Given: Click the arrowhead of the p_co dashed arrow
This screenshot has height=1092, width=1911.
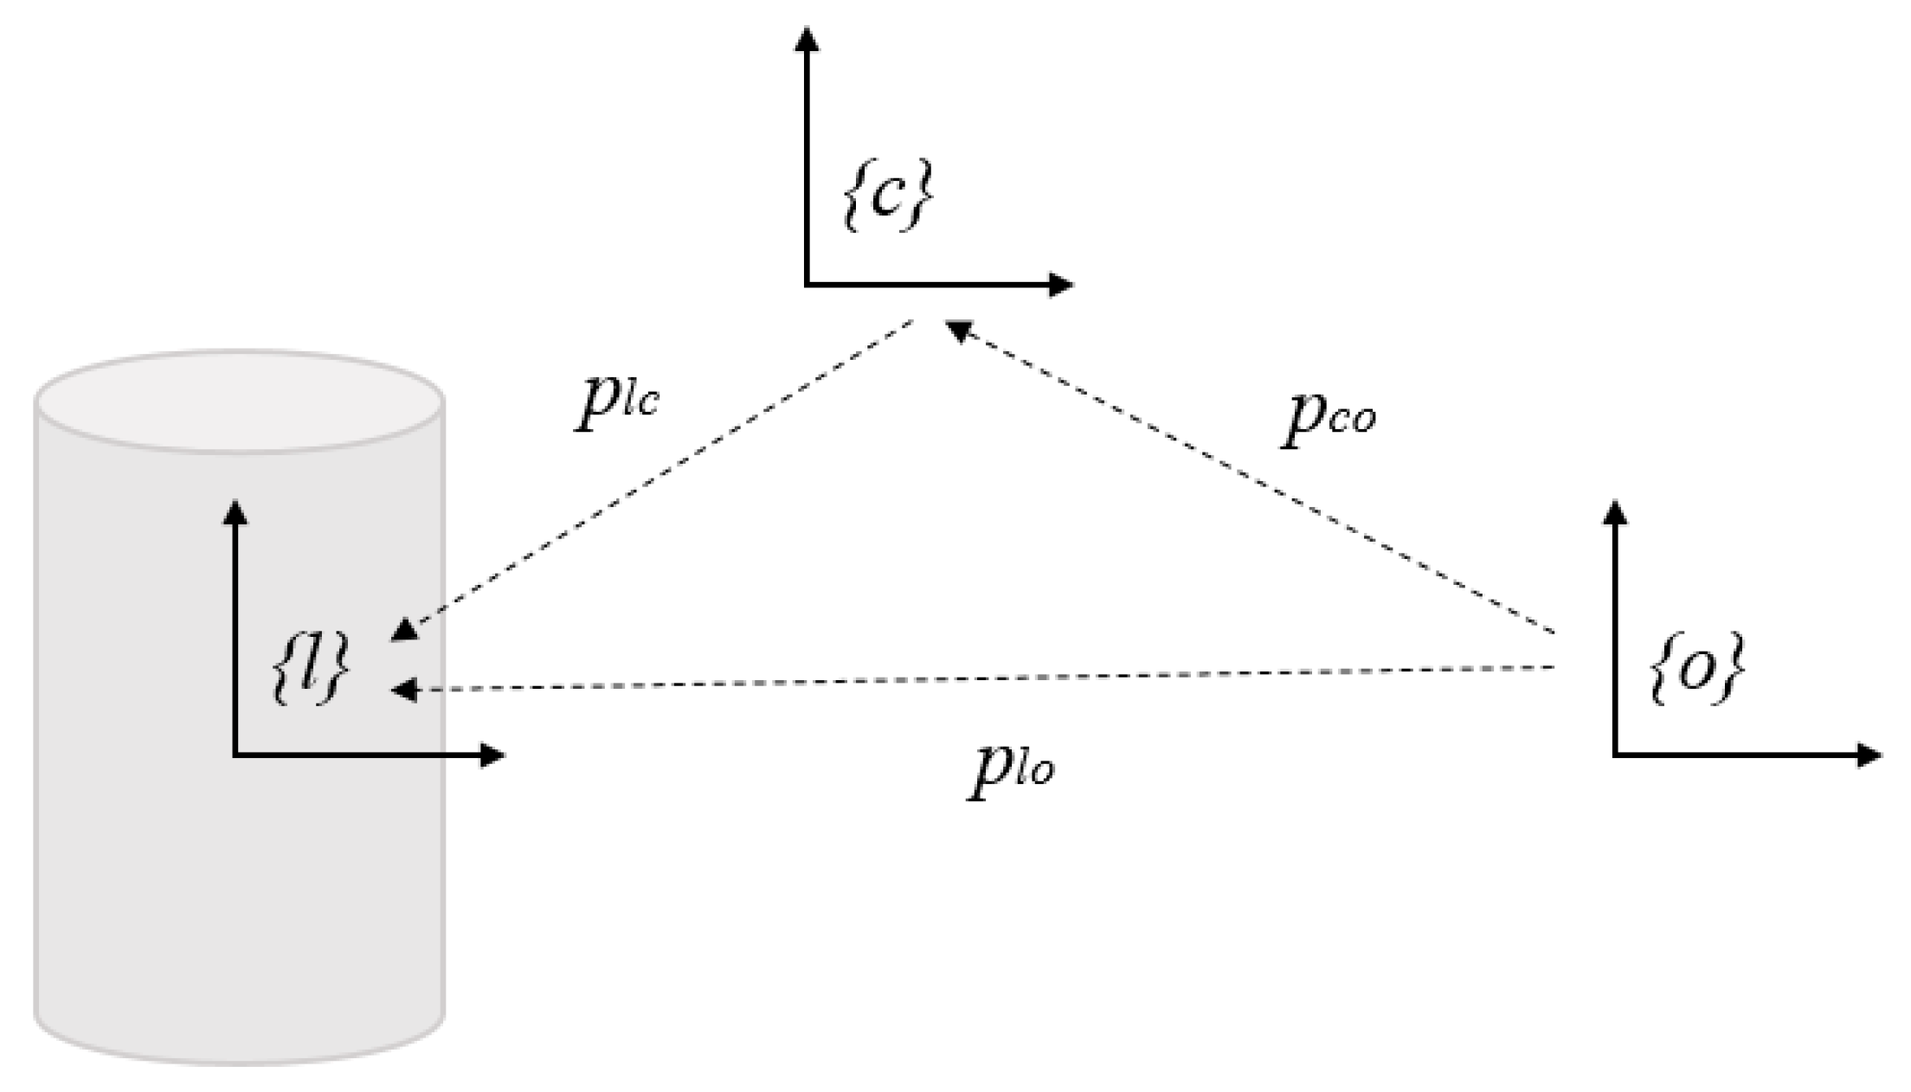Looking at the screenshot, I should coord(957,331).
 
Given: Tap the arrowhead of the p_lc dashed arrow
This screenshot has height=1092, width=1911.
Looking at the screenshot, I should coord(403,631).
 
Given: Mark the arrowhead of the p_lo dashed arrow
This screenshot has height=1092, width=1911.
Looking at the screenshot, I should coord(403,690).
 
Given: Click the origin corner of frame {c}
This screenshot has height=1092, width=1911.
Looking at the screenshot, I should coord(808,284).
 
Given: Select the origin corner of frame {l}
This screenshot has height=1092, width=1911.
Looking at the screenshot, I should coord(235,755).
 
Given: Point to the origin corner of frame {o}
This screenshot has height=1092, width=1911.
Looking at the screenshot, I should coord(1615,755).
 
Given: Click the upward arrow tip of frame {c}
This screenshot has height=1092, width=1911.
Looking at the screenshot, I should coord(808,36).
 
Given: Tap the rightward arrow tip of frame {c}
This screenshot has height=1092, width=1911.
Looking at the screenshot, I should coord(1065,284).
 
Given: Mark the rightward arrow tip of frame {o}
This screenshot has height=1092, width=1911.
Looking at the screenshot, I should coord(1873,755).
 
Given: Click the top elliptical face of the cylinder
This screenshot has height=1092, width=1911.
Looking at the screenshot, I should coord(240,401).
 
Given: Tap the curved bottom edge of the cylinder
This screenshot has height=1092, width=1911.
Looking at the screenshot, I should coord(240,1059).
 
